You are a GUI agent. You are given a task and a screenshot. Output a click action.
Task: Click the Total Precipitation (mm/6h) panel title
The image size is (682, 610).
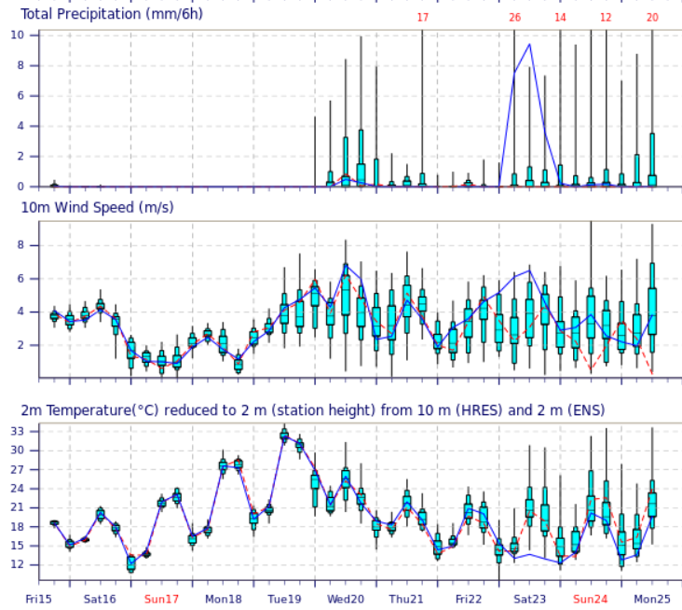[112, 14]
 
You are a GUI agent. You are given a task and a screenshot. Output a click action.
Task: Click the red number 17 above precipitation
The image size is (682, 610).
[423, 18]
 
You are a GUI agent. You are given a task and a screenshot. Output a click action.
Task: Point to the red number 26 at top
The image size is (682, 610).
[514, 18]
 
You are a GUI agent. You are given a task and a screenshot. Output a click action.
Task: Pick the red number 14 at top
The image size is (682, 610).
[560, 18]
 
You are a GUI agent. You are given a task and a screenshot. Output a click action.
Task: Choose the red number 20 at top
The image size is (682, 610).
[652, 18]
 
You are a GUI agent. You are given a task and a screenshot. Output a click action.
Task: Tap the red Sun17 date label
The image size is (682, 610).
[161, 598]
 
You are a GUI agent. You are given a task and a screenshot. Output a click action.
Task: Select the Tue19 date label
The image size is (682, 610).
[284, 598]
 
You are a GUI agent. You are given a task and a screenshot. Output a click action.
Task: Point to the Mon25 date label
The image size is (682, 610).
[652, 598]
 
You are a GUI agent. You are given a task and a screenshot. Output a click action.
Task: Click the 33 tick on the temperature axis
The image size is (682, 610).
[17, 431]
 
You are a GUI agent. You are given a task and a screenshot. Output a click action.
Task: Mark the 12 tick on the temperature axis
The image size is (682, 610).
[17, 564]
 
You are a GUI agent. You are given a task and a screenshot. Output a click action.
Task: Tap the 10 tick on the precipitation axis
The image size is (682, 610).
[18, 35]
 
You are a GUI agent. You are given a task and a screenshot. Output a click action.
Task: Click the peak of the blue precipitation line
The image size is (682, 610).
[529, 44]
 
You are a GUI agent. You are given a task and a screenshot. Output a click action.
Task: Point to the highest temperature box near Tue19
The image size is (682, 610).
[284, 435]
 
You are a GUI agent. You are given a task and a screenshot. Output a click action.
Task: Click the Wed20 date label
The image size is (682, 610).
[346, 598]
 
